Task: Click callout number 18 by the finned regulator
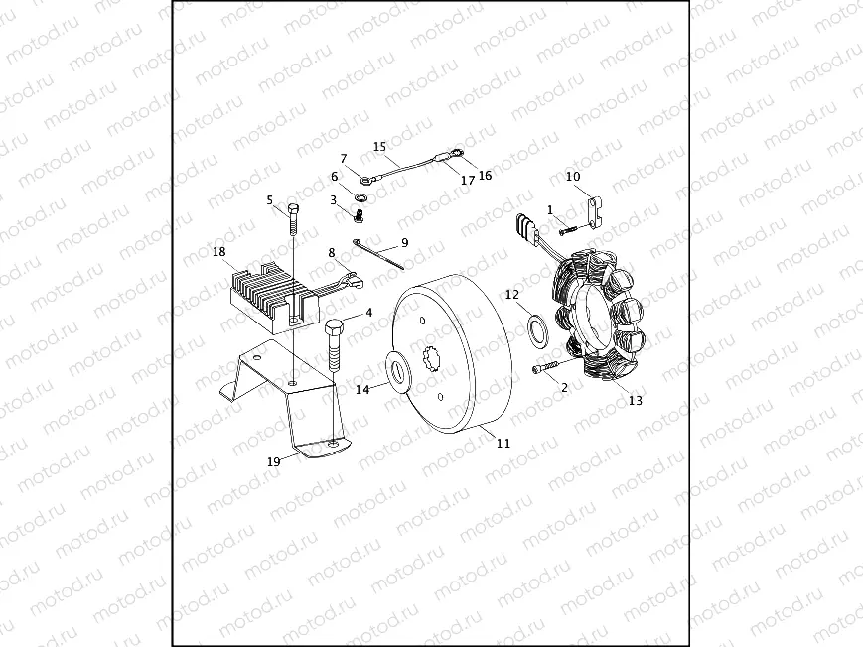(x=219, y=252)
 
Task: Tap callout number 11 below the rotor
(x=503, y=443)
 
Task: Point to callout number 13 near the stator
(x=636, y=401)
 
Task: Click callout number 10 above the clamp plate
(x=573, y=177)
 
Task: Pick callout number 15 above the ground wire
(x=379, y=147)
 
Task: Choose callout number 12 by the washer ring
(x=511, y=295)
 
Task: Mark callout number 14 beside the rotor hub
(x=362, y=390)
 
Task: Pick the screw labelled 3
(x=360, y=212)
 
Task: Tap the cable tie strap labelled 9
(x=380, y=255)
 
